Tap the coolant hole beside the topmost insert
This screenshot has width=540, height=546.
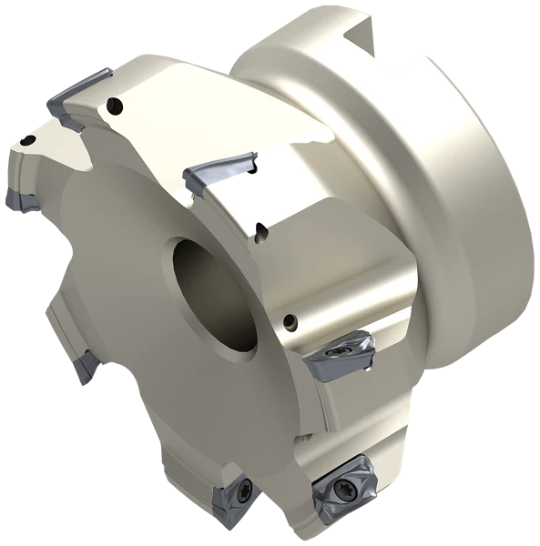115,104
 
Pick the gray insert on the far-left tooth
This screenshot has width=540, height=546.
18,197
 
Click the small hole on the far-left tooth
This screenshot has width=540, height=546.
31,140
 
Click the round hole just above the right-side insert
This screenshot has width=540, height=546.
290,319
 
